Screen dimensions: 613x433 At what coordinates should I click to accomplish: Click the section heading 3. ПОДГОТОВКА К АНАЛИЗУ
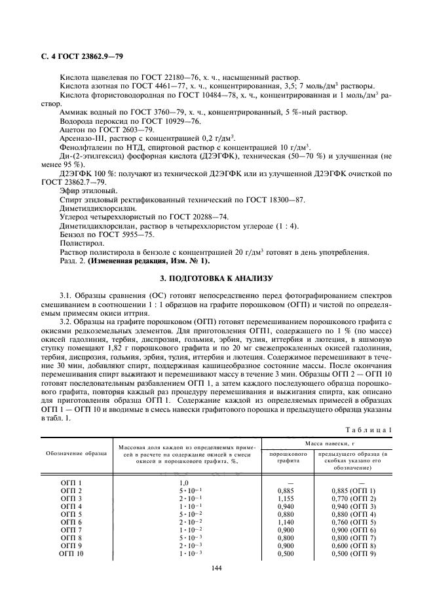pyautogui.click(x=216, y=279)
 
